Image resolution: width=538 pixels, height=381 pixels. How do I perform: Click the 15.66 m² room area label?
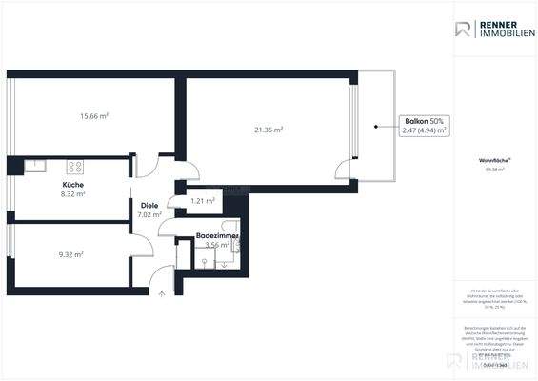(x=92, y=116)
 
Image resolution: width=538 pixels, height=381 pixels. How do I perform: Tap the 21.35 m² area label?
(x=269, y=129)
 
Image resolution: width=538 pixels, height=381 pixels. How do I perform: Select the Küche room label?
(x=73, y=183)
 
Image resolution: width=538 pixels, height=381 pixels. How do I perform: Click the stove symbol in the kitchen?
(x=74, y=167)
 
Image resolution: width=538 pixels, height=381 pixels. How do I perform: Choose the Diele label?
(x=149, y=205)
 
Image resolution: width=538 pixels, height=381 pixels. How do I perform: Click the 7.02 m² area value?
(x=149, y=215)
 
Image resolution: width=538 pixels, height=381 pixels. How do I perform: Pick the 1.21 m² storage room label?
(x=202, y=201)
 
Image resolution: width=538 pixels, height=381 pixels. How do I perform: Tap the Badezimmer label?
(x=217, y=234)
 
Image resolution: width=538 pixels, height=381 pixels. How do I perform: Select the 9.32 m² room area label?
(x=70, y=254)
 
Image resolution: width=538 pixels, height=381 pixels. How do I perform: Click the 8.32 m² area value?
(x=73, y=193)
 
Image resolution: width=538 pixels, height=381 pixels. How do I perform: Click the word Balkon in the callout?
(x=416, y=122)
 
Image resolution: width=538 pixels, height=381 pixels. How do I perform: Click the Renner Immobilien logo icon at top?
(x=464, y=30)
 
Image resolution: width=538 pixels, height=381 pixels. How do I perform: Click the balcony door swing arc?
(x=343, y=170)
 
